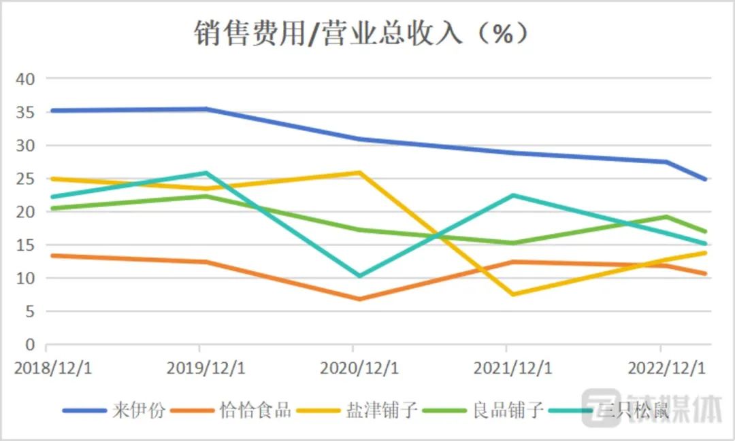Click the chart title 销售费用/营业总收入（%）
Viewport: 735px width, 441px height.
[x=361, y=33]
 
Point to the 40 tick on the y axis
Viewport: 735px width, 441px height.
[x=25, y=79]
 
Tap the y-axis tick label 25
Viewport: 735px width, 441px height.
[x=25, y=179]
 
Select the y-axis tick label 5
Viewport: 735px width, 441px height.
[x=29, y=312]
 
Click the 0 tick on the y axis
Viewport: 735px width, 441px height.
[x=29, y=345]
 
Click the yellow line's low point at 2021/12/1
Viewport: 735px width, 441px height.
[x=512, y=294]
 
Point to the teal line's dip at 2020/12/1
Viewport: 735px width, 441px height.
[x=359, y=276]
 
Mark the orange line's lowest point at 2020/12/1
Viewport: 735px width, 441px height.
[x=359, y=299]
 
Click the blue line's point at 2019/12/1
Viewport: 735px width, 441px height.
[x=206, y=109]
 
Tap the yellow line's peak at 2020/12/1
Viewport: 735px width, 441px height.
[x=359, y=173]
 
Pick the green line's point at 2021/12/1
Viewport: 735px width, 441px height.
[x=512, y=243]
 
